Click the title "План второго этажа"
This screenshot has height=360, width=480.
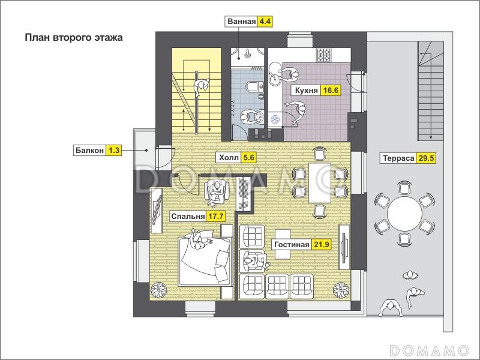click(x=74, y=38)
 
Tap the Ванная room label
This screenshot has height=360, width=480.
click(x=242, y=22)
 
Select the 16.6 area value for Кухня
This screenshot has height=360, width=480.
click(x=331, y=91)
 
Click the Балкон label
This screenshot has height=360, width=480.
click(x=89, y=151)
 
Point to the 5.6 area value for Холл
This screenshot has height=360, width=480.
click(x=248, y=158)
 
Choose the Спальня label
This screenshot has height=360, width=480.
click(x=188, y=217)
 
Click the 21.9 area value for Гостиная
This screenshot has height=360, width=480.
click(x=322, y=244)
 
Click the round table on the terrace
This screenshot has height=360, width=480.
click(x=404, y=214)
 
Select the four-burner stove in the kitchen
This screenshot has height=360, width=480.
click(x=323, y=55)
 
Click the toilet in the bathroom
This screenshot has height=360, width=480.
click(x=254, y=86)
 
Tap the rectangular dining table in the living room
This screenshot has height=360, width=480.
click(x=320, y=183)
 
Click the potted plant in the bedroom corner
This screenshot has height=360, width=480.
click(x=158, y=289)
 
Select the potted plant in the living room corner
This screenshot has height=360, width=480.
click(x=341, y=290)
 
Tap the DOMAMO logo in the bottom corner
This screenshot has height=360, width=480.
click(x=430, y=350)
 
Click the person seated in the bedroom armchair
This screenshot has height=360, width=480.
click(x=217, y=192)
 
